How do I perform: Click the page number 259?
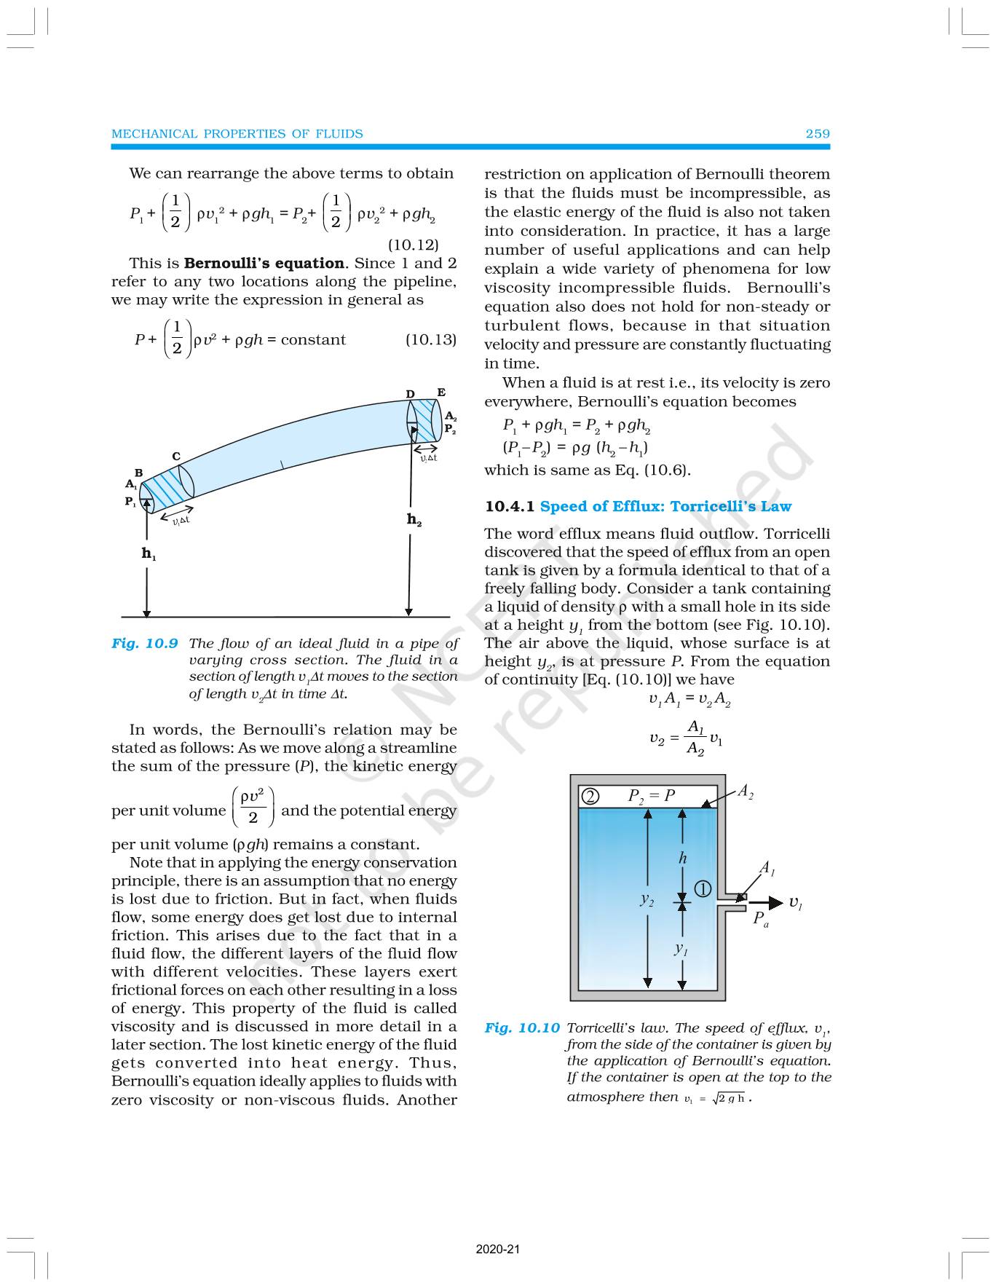pos(817,134)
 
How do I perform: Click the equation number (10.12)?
pos(413,245)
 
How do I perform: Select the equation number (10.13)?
pos(430,339)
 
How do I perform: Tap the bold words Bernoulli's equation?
pos(264,264)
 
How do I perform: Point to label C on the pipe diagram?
pos(176,457)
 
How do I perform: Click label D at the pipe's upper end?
pos(411,394)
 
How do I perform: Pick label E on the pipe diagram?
pos(441,392)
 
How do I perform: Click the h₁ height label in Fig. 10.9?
pos(149,554)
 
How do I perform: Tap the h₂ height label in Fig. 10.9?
pos(414,519)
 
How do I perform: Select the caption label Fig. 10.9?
pos(145,644)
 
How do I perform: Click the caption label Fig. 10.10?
pos(522,1028)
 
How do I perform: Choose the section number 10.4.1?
pos(509,507)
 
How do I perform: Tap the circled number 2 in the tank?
pos(590,797)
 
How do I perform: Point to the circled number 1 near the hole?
pos(703,889)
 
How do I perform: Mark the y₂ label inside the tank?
pos(646,900)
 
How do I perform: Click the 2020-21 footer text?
pos(498,1249)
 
